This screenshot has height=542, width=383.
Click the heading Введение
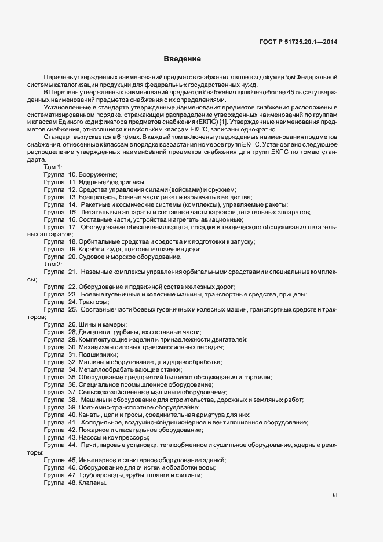182,59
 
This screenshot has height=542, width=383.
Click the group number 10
72,174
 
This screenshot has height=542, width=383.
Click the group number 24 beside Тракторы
72,302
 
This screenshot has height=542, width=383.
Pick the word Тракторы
94,302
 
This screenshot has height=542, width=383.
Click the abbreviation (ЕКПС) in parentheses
215,122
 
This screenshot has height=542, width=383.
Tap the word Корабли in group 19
93,250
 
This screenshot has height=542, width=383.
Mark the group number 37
72,392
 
